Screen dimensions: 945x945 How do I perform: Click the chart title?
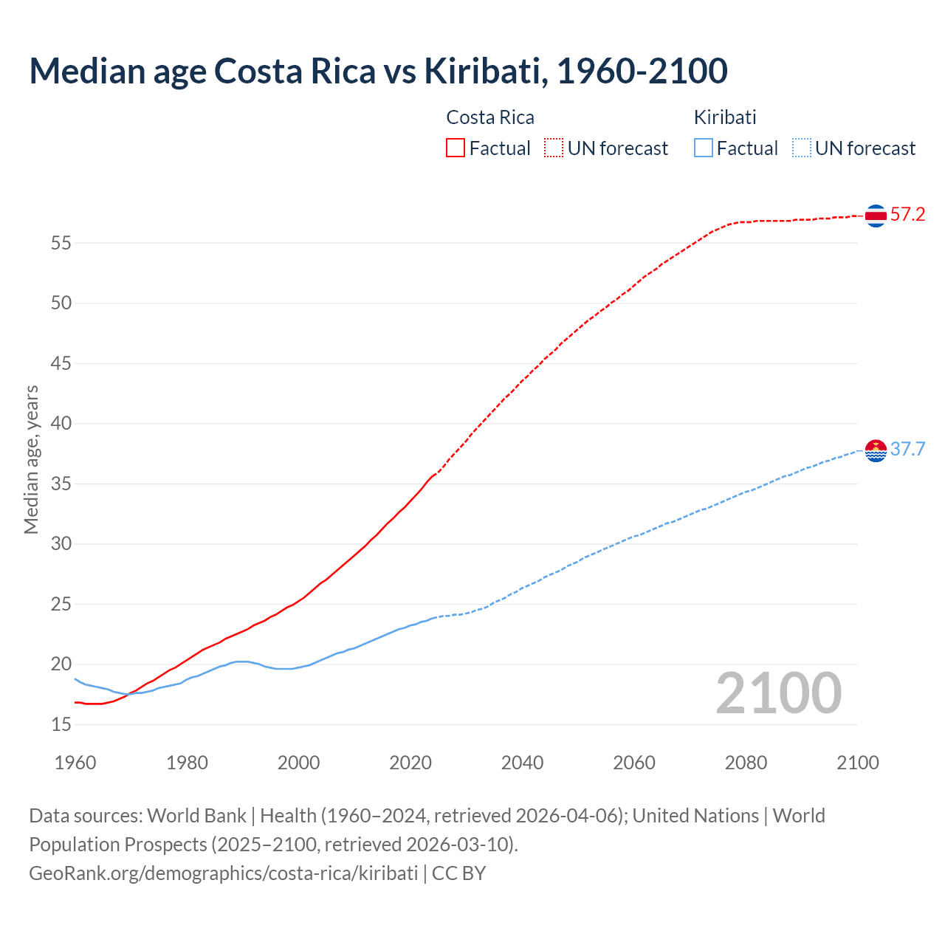(x=378, y=71)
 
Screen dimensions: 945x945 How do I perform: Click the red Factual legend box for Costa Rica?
(x=456, y=148)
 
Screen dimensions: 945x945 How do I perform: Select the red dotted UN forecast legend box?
(x=554, y=148)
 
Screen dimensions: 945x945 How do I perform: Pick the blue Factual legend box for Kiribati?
(x=704, y=148)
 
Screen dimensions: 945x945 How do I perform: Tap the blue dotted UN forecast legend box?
(x=802, y=148)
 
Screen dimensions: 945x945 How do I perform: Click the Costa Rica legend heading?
(x=490, y=117)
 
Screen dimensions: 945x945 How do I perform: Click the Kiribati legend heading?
(x=725, y=117)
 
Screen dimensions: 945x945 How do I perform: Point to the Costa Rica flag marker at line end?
(x=876, y=216)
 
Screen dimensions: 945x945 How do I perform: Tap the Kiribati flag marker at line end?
(x=876, y=450)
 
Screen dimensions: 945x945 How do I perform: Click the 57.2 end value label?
(x=907, y=215)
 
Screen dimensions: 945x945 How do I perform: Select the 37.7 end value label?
(x=907, y=449)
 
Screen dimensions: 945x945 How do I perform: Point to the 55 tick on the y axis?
(x=61, y=243)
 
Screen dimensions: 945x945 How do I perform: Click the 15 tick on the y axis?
(x=61, y=725)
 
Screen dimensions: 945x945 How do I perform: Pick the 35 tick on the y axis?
(x=61, y=484)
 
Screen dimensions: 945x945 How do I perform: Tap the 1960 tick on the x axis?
(x=75, y=763)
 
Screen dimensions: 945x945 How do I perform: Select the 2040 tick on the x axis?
(x=522, y=763)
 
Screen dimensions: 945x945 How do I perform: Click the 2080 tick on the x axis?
(x=746, y=763)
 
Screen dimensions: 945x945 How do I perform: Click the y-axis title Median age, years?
(x=31, y=459)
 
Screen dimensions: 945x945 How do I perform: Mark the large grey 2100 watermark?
(x=778, y=693)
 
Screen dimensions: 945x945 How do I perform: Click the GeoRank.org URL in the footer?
(x=223, y=873)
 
